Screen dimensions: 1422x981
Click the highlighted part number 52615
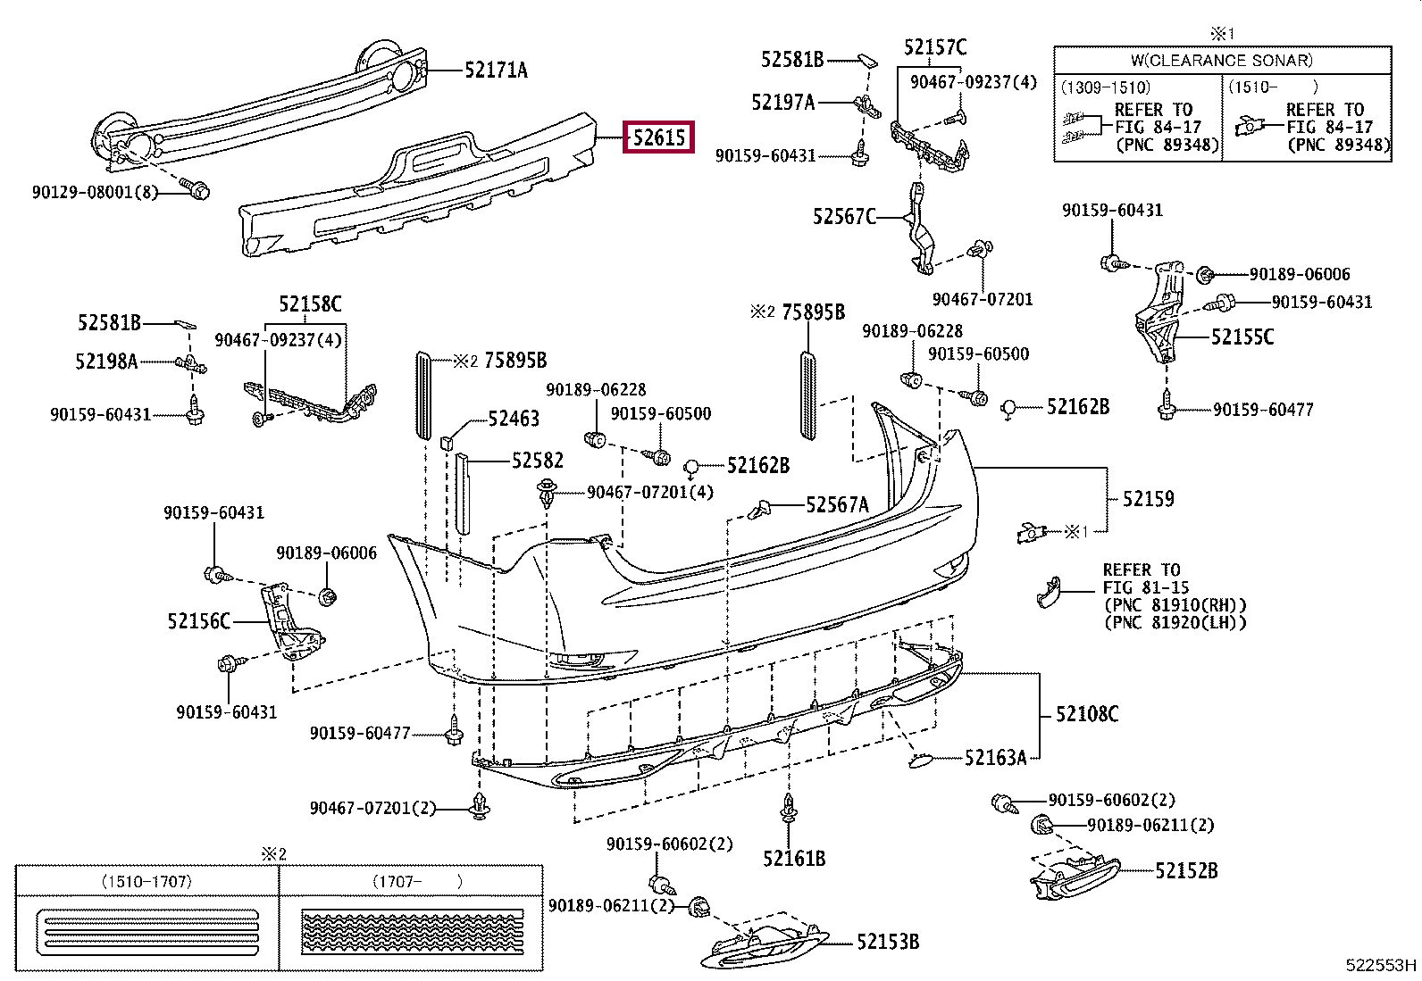[659, 137]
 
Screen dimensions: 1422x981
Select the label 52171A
[496, 70]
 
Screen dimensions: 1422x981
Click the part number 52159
[1148, 499]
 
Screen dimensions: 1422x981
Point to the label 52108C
[1087, 714]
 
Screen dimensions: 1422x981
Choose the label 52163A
[995, 757]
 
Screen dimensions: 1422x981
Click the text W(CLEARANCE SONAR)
[1222, 61]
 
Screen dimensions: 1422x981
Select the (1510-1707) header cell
[146, 881]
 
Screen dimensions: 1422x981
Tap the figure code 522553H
[1381, 965]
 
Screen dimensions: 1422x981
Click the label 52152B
[1186, 870]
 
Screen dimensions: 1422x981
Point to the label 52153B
[888, 942]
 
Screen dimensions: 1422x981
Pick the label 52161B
[794, 859]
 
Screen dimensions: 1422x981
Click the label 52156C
[198, 620]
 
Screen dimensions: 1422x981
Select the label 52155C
[1242, 337]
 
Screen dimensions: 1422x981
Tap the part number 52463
[514, 418]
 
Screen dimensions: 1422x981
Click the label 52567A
[837, 504]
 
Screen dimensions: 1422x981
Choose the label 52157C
[935, 47]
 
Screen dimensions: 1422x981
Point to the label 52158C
[310, 304]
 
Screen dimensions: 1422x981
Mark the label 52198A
[106, 362]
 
